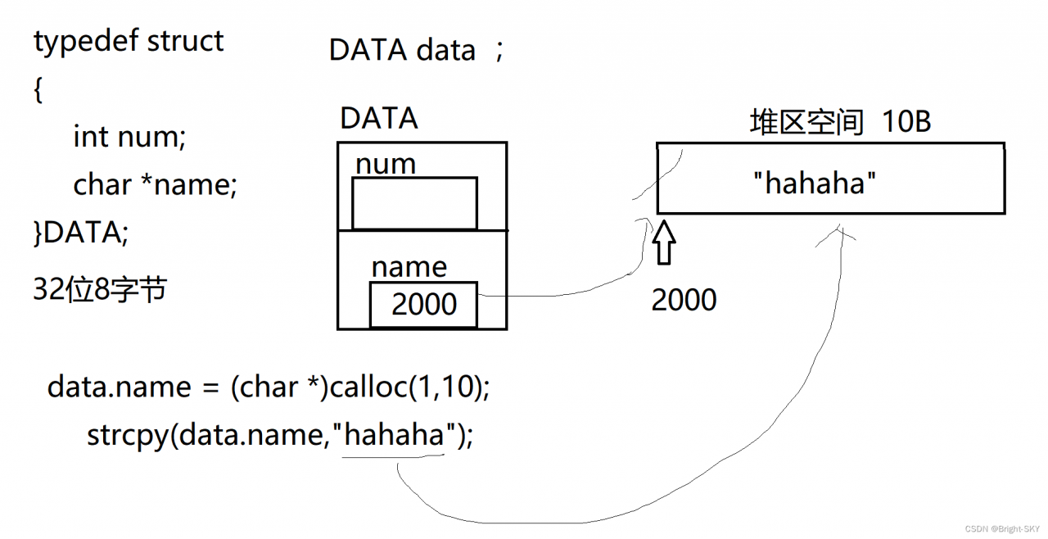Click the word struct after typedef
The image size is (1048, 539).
pyautogui.click(x=185, y=41)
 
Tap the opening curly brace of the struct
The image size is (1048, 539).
pyautogui.click(x=38, y=90)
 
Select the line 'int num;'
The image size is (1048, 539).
pyautogui.click(x=129, y=137)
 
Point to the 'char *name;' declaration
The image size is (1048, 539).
pyautogui.click(x=156, y=184)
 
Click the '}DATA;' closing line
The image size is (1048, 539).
pyautogui.click(x=81, y=232)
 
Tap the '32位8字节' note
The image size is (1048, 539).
pyautogui.click(x=100, y=288)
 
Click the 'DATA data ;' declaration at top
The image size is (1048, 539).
pyautogui.click(x=416, y=50)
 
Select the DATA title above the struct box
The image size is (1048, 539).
pyautogui.click(x=379, y=118)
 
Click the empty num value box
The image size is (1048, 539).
pyautogui.click(x=414, y=203)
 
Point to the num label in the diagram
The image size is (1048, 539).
pyautogui.click(x=386, y=165)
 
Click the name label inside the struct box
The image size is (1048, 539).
pyautogui.click(x=409, y=268)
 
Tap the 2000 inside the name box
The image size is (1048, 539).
pyautogui.click(x=424, y=304)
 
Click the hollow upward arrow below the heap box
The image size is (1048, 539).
pyautogui.click(x=664, y=242)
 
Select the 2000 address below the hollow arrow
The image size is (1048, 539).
pyautogui.click(x=684, y=300)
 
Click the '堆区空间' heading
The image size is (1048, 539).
pyautogui.click(x=806, y=122)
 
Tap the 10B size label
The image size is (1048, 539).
pyautogui.click(x=906, y=122)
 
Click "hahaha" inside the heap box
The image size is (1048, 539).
pyautogui.click(x=815, y=183)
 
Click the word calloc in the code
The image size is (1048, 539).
pyautogui.click(x=369, y=387)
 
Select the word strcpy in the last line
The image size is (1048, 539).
pyautogui.click(x=128, y=436)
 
